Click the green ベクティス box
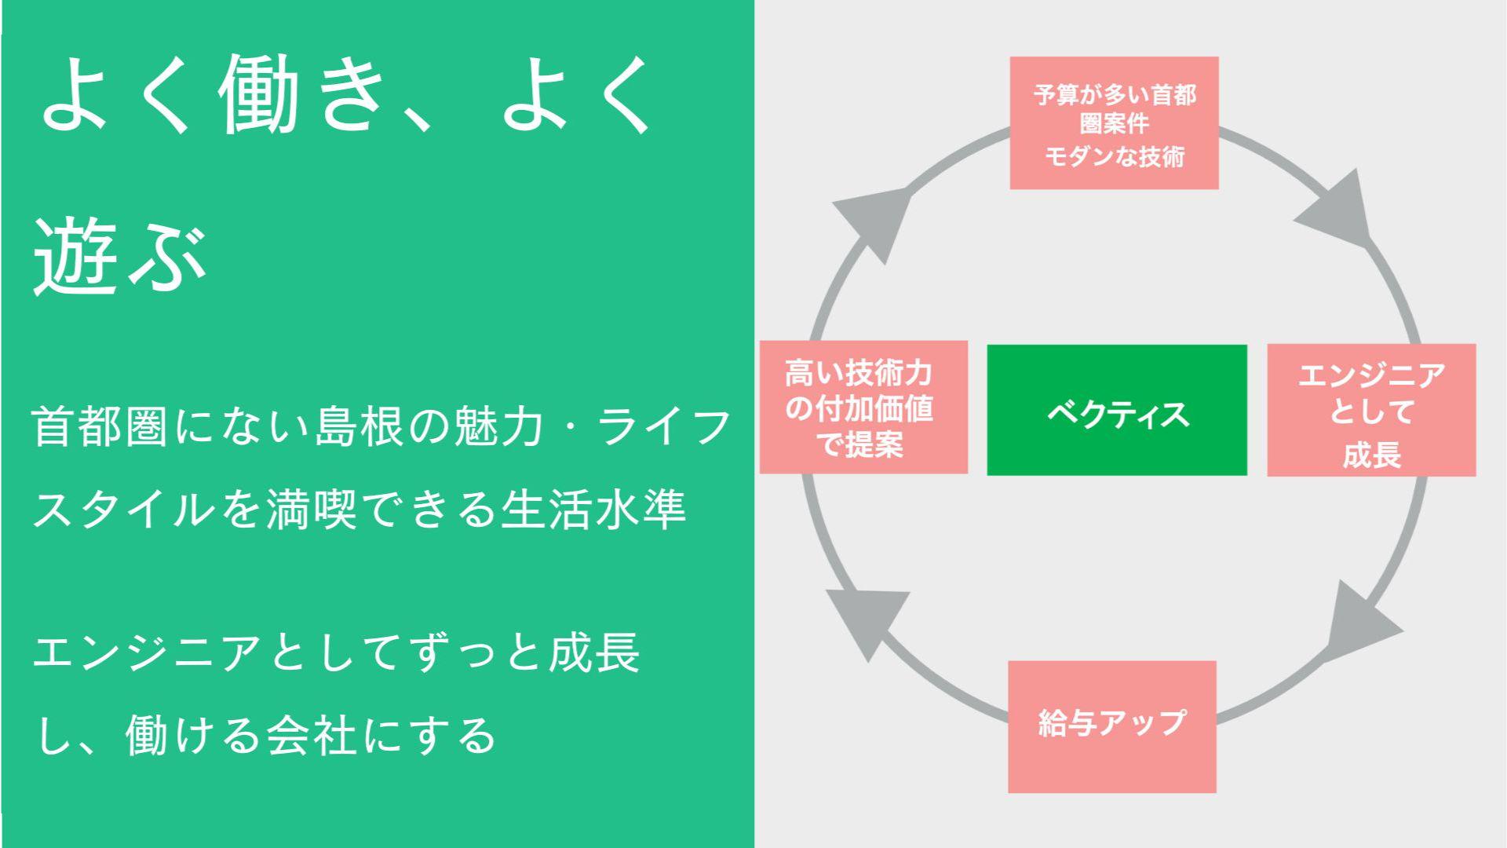(x=1117, y=410)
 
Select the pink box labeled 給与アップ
(x=1112, y=726)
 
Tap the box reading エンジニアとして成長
(x=1371, y=410)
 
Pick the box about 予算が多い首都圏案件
(x=1114, y=122)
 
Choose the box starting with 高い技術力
(x=863, y=407)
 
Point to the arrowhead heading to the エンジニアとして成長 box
(x=1337, y=208)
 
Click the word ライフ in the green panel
(x=664, y=426)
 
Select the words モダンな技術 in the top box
(x=1114, y=156)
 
